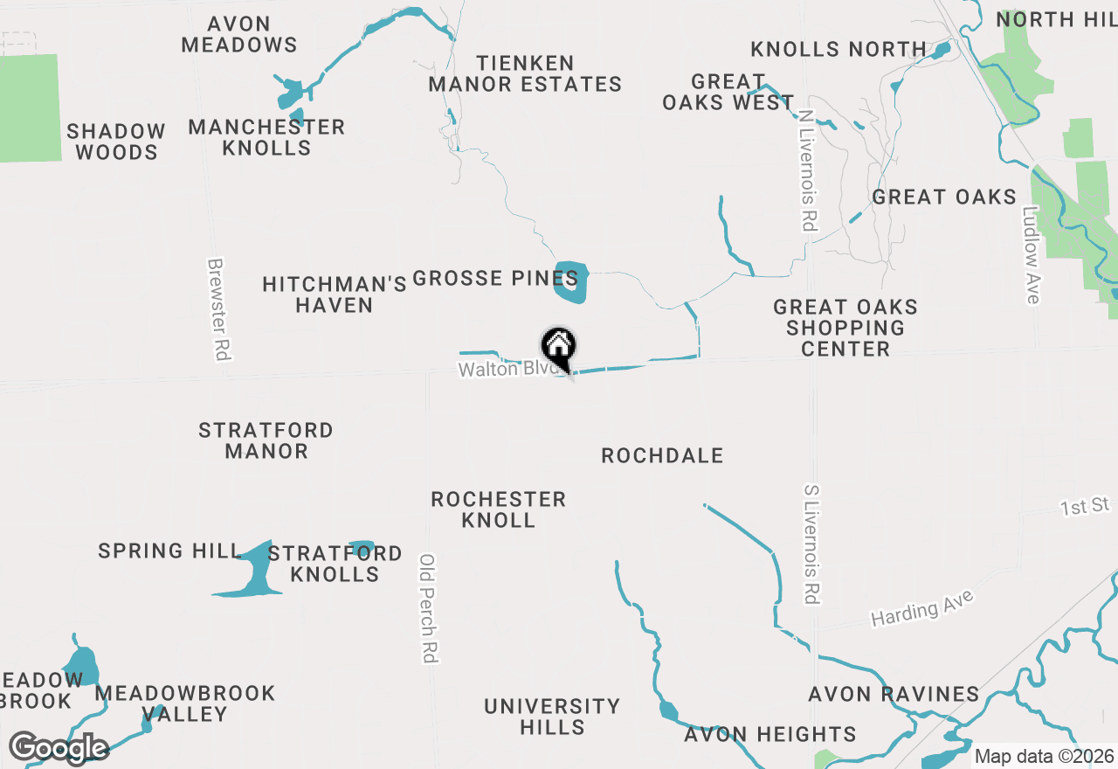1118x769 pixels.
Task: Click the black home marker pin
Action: pos(559,349)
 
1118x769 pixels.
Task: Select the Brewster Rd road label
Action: pos(217,309)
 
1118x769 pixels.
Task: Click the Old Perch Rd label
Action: pos(428,608)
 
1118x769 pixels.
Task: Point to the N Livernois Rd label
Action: pos(806,170)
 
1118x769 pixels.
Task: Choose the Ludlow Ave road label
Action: pos(1032,254)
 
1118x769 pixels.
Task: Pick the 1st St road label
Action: pos(1085,506)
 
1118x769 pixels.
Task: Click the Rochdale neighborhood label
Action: pos(662,455)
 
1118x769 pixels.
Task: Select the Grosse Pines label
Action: pos(494,279)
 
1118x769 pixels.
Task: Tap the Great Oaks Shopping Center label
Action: pos(845,328)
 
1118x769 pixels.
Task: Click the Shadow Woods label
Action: pos(116,142)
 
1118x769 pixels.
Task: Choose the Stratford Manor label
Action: pos(266,440)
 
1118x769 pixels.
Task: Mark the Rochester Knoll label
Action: pos(499,509)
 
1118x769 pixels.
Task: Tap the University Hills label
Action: pos(552,716)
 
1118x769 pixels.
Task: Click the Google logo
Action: pos(59,748)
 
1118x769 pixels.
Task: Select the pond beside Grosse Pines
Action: pos(572,282)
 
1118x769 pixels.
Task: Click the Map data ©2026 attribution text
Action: pos(1045,756)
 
